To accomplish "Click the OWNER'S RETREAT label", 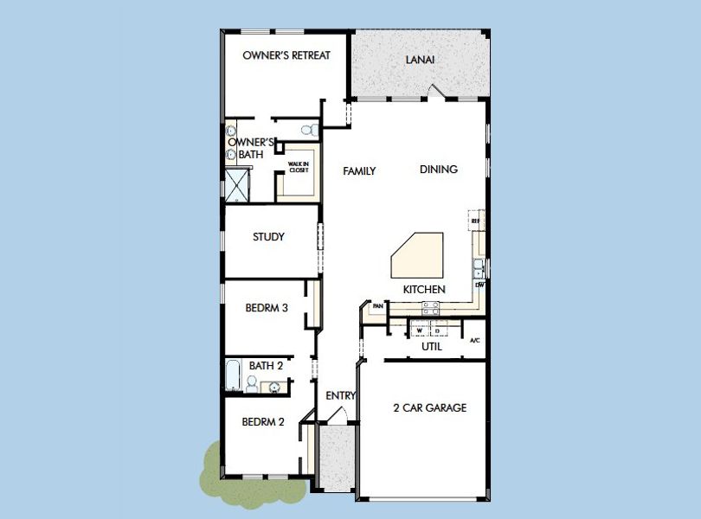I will tap(286, 55).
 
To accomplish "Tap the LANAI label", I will tap(420, 61).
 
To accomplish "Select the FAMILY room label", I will tap(359, 171).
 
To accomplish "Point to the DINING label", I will tap(439, 170).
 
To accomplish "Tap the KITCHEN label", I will tap(424, 289).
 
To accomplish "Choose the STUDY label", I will tap(268, 237).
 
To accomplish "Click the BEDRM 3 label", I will tap(266, 306).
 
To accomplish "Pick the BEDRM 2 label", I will tap(263, 422).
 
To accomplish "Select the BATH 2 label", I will tap(266, 366).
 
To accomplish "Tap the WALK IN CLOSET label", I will tap(299, 168).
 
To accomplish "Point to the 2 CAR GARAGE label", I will tap(429, 407).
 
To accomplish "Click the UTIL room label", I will tap(431, 346).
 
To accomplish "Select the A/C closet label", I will tap(474, 340).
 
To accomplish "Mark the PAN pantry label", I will tap(377, 306).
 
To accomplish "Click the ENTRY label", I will tap(341, 396).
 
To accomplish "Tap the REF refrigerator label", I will tap(475, 221).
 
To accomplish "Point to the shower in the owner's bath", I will tap(235, 185).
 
